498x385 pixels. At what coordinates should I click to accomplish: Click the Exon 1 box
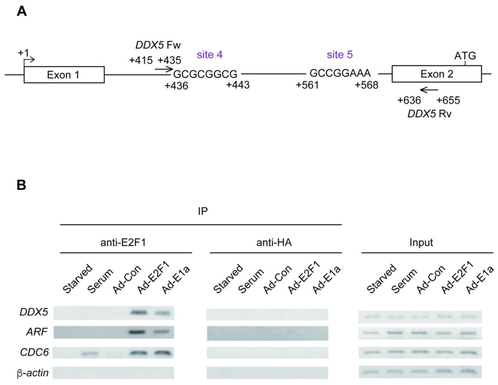pos(64,75)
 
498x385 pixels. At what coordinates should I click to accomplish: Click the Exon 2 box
pos(437,74)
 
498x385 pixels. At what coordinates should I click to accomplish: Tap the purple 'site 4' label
pos(210,54)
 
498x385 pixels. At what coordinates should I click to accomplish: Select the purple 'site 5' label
pos(340,54)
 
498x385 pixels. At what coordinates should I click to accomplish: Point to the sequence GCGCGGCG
pos(205,74)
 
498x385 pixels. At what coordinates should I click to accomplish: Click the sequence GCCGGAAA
pos(340,73)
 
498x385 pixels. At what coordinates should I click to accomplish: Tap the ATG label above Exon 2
pos(465,56)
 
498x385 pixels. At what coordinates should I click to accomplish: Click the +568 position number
pos(367,85)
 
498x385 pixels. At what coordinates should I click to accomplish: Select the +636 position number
pos(409,101)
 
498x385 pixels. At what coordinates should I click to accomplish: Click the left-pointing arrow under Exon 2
pos(429,90)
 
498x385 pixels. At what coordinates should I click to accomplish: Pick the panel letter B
pos(22,185)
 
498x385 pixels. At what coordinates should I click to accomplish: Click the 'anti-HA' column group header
pos(274,243)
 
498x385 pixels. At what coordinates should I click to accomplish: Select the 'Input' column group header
pos(421,243)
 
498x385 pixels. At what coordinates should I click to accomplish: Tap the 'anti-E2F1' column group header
pos(123,243)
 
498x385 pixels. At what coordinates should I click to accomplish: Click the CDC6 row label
pos(34,352)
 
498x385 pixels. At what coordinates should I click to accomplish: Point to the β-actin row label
pos(33,373)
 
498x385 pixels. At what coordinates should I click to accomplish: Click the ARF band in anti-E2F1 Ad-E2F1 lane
pos(137,332)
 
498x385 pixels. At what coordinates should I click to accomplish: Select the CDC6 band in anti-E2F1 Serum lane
pos(89,353)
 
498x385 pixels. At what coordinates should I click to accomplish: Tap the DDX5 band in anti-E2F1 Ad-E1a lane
pos(163,313)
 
